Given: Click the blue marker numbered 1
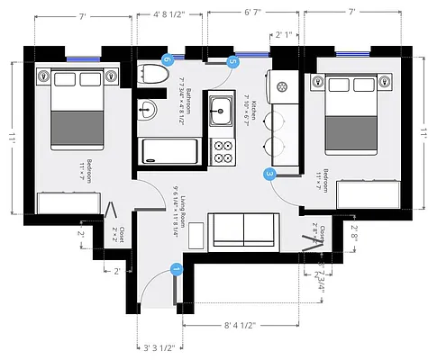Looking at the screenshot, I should pyautogui.click(x=176, y=268).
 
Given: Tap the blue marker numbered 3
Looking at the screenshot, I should pyautogui.click(x=269, y=174).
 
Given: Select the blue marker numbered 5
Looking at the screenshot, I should pyautogui.click(x=233, y=62).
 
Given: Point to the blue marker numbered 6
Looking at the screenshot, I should pyautogui.click(x=167, y=59).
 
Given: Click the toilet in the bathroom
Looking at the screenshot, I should pyautogui.click(x=153, y=76).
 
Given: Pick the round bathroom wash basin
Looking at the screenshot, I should pyautogui.click(x=149, y=110).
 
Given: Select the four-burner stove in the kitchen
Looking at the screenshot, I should pyautogui.click(x=222, y=150).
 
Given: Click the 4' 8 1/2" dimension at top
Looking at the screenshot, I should pyautogui.click(x=164, y=14).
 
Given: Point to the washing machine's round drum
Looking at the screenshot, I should pyautogui.click(x=283, y=87).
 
